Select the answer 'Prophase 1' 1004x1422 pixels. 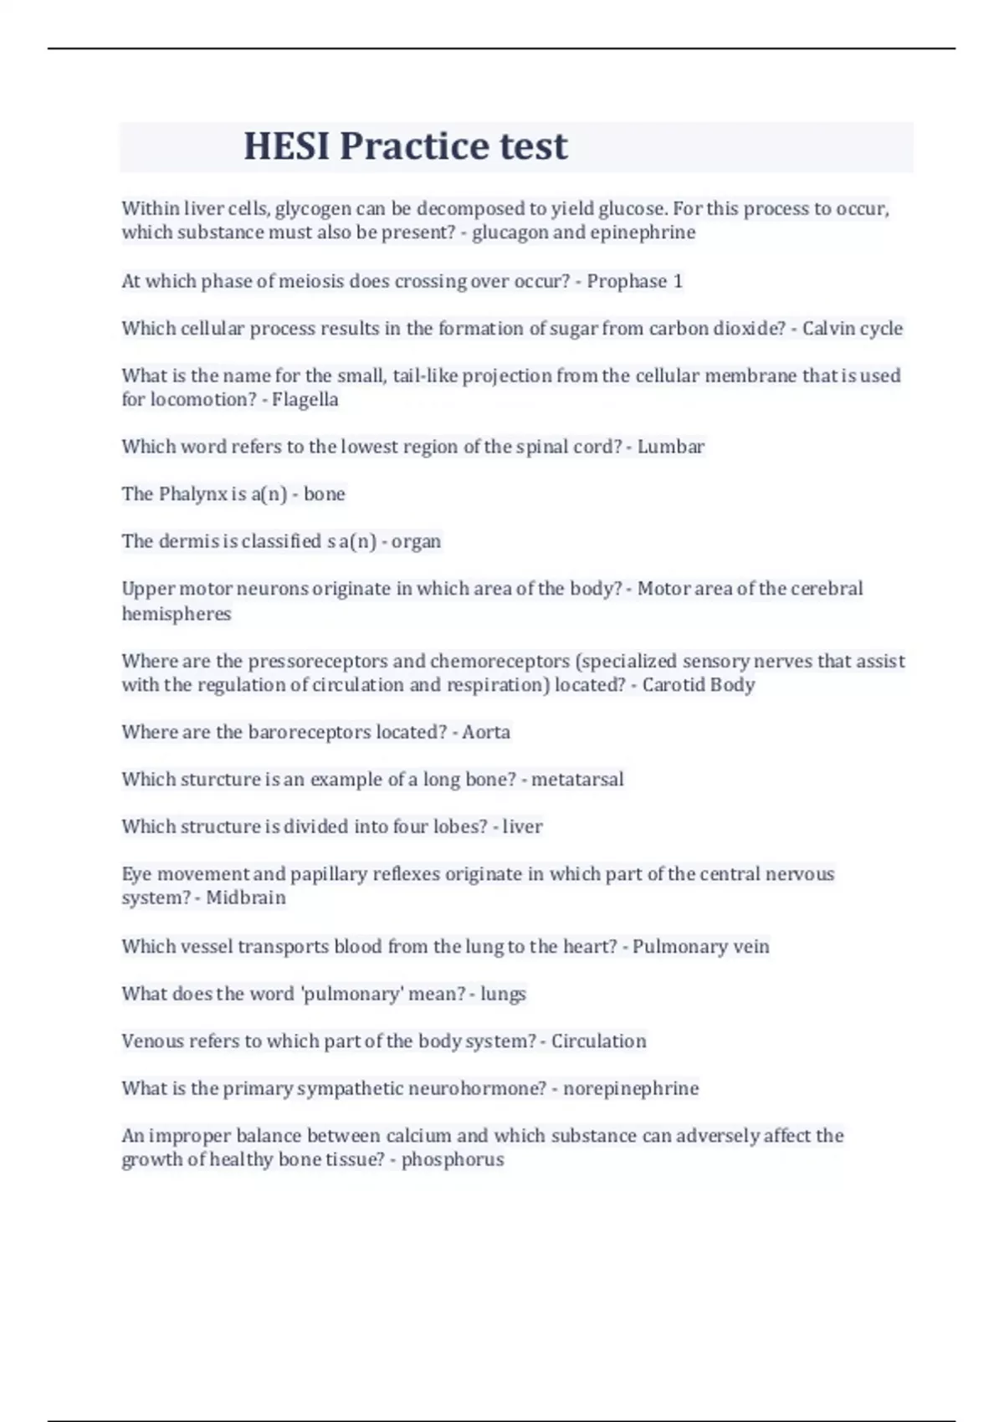(634, 281)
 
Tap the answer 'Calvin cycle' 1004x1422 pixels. (852, 328)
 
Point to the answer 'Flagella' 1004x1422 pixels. (305, 399)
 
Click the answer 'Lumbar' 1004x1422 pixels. (670, 447)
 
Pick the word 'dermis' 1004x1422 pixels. (188, 541)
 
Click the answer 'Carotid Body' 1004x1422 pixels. (698, 684)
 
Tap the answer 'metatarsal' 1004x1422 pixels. (577, 780)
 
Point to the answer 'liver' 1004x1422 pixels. (522, 826)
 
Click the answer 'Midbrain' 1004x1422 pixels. (245, 898)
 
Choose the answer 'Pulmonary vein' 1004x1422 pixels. (700, 946)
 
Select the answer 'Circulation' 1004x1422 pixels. (598, 1041)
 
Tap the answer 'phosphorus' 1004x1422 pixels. (452, 1159)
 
